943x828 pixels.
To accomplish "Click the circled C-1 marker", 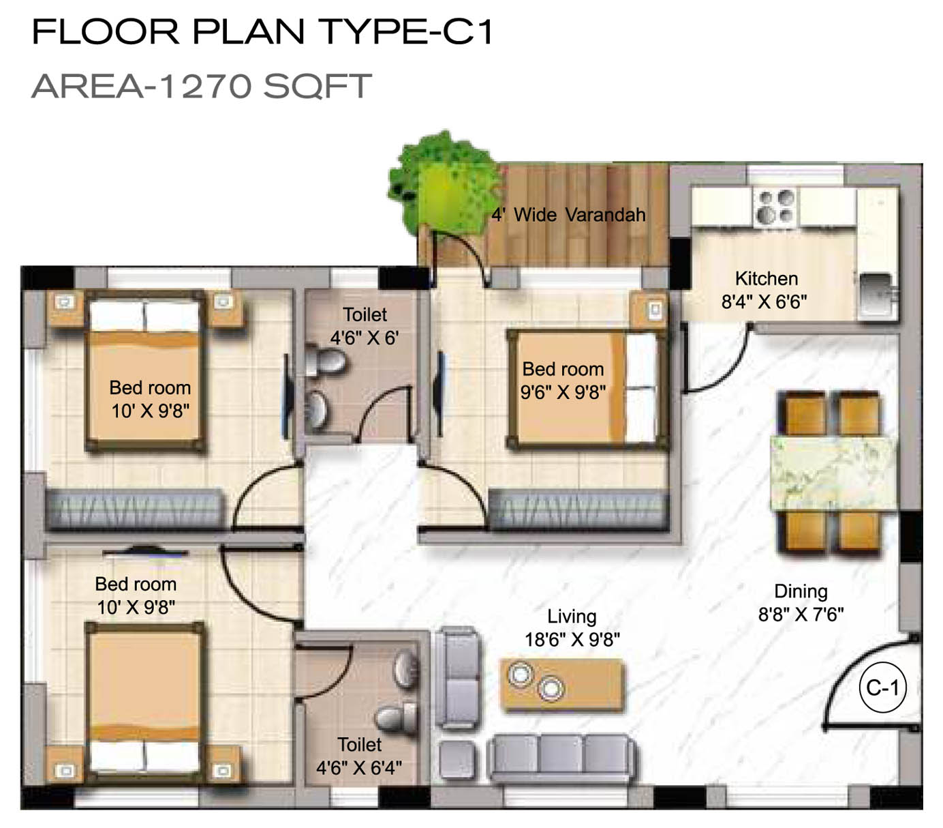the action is (x=882, y=687).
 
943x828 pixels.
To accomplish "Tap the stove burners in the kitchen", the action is (x=775, y=207).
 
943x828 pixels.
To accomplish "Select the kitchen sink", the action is (x=876, y=295).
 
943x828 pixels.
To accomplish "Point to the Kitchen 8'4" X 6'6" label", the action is (x=764, y=290).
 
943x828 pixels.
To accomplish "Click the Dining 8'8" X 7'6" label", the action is (x=801, y=602).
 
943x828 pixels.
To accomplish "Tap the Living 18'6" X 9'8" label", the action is (x=572, y=627).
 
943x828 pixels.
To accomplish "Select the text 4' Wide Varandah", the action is (x=568, y=215).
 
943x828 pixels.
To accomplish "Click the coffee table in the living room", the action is (x=562, y=685).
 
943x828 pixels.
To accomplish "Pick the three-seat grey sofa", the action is (x=563, y=756).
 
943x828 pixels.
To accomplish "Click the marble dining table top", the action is (x=833, y=473).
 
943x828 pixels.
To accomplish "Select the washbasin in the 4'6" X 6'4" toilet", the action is (x=406, y=669).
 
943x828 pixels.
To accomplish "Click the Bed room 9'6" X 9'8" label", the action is (x=563, y=380).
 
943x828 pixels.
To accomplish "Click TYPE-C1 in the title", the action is (x=405, y=31).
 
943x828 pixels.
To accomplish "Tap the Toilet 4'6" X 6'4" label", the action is (x=359, y=756).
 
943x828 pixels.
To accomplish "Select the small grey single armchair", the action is (x=458, y=760).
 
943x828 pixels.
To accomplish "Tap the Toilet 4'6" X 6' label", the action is (x=365, y=326).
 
